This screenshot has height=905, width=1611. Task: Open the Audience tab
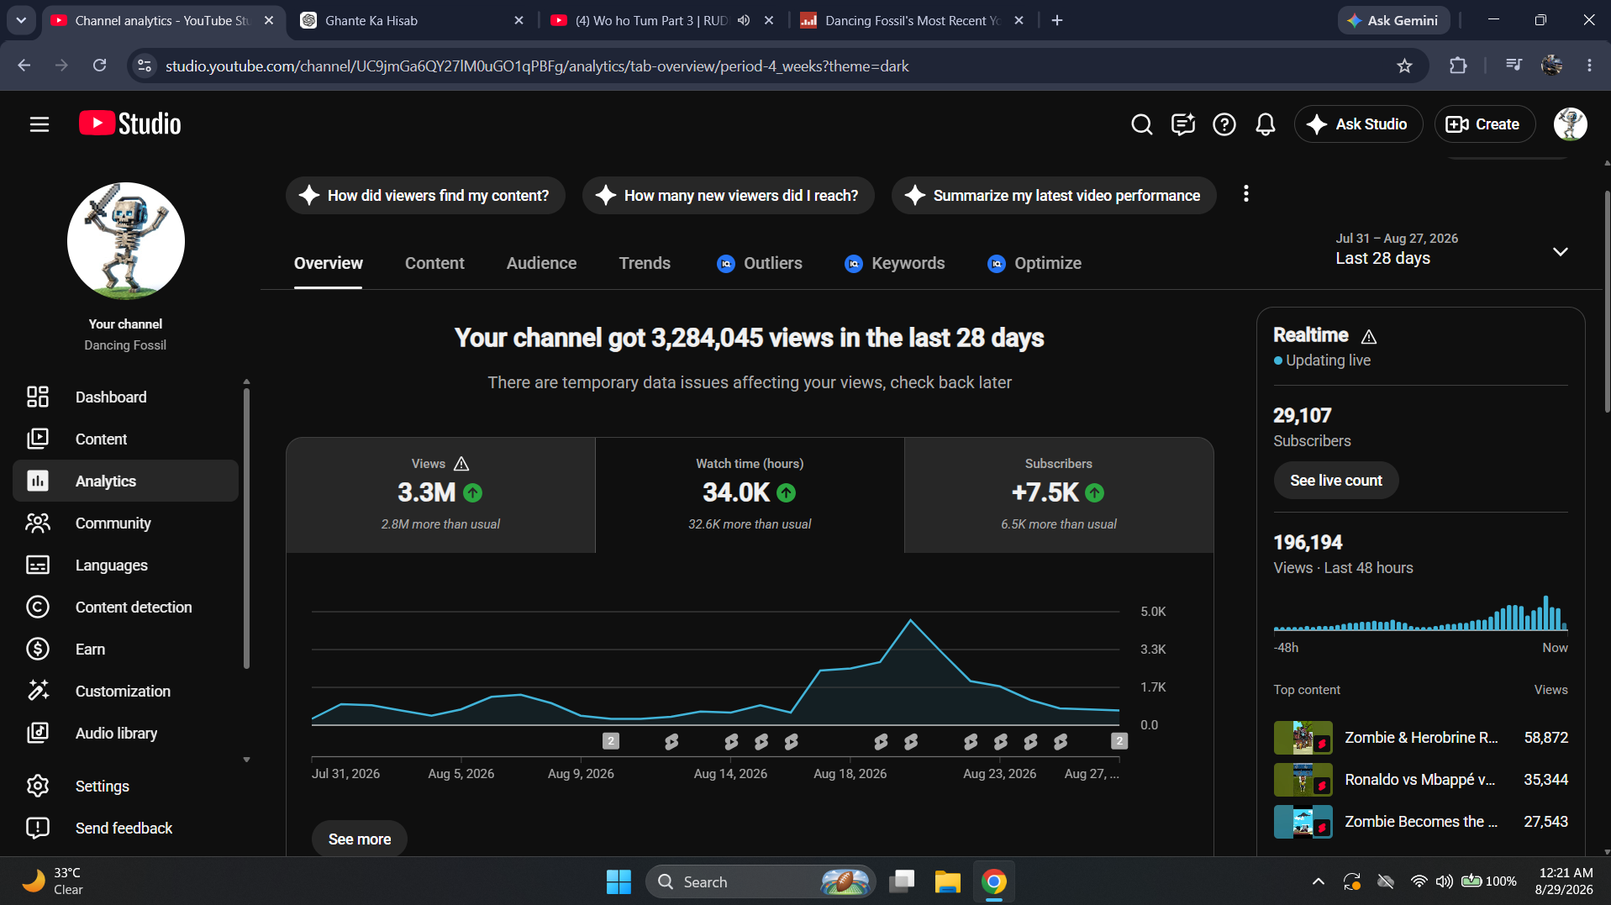pos(541,263)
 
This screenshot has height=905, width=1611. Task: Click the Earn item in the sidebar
pos(90,649)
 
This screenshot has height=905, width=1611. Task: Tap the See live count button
pos(1335,481)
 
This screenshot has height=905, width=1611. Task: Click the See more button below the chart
pos(360,839)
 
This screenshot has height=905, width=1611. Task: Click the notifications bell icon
pos(1265,124)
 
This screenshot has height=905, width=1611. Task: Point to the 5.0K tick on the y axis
pos(1153,612)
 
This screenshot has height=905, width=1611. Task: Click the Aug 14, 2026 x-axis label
pos(730,774)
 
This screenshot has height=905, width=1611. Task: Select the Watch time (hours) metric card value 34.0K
pos(736,492)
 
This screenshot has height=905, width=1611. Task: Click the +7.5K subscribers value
pos(1045,492)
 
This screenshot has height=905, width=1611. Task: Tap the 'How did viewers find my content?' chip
pos(425,196)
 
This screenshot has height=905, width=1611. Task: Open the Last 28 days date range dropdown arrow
pos(1560,252)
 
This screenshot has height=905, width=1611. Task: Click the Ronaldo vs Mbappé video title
pos(1419,780)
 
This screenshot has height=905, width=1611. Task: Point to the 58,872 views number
pos(1545,738)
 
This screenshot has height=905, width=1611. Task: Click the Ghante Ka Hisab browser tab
pos(371,21)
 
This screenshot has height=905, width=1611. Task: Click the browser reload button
pos(99,66)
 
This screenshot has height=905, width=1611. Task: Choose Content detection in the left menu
pos(134,607)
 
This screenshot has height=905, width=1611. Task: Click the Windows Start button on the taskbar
pos(619,881)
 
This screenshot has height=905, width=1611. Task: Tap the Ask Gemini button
pos(1393,20)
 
